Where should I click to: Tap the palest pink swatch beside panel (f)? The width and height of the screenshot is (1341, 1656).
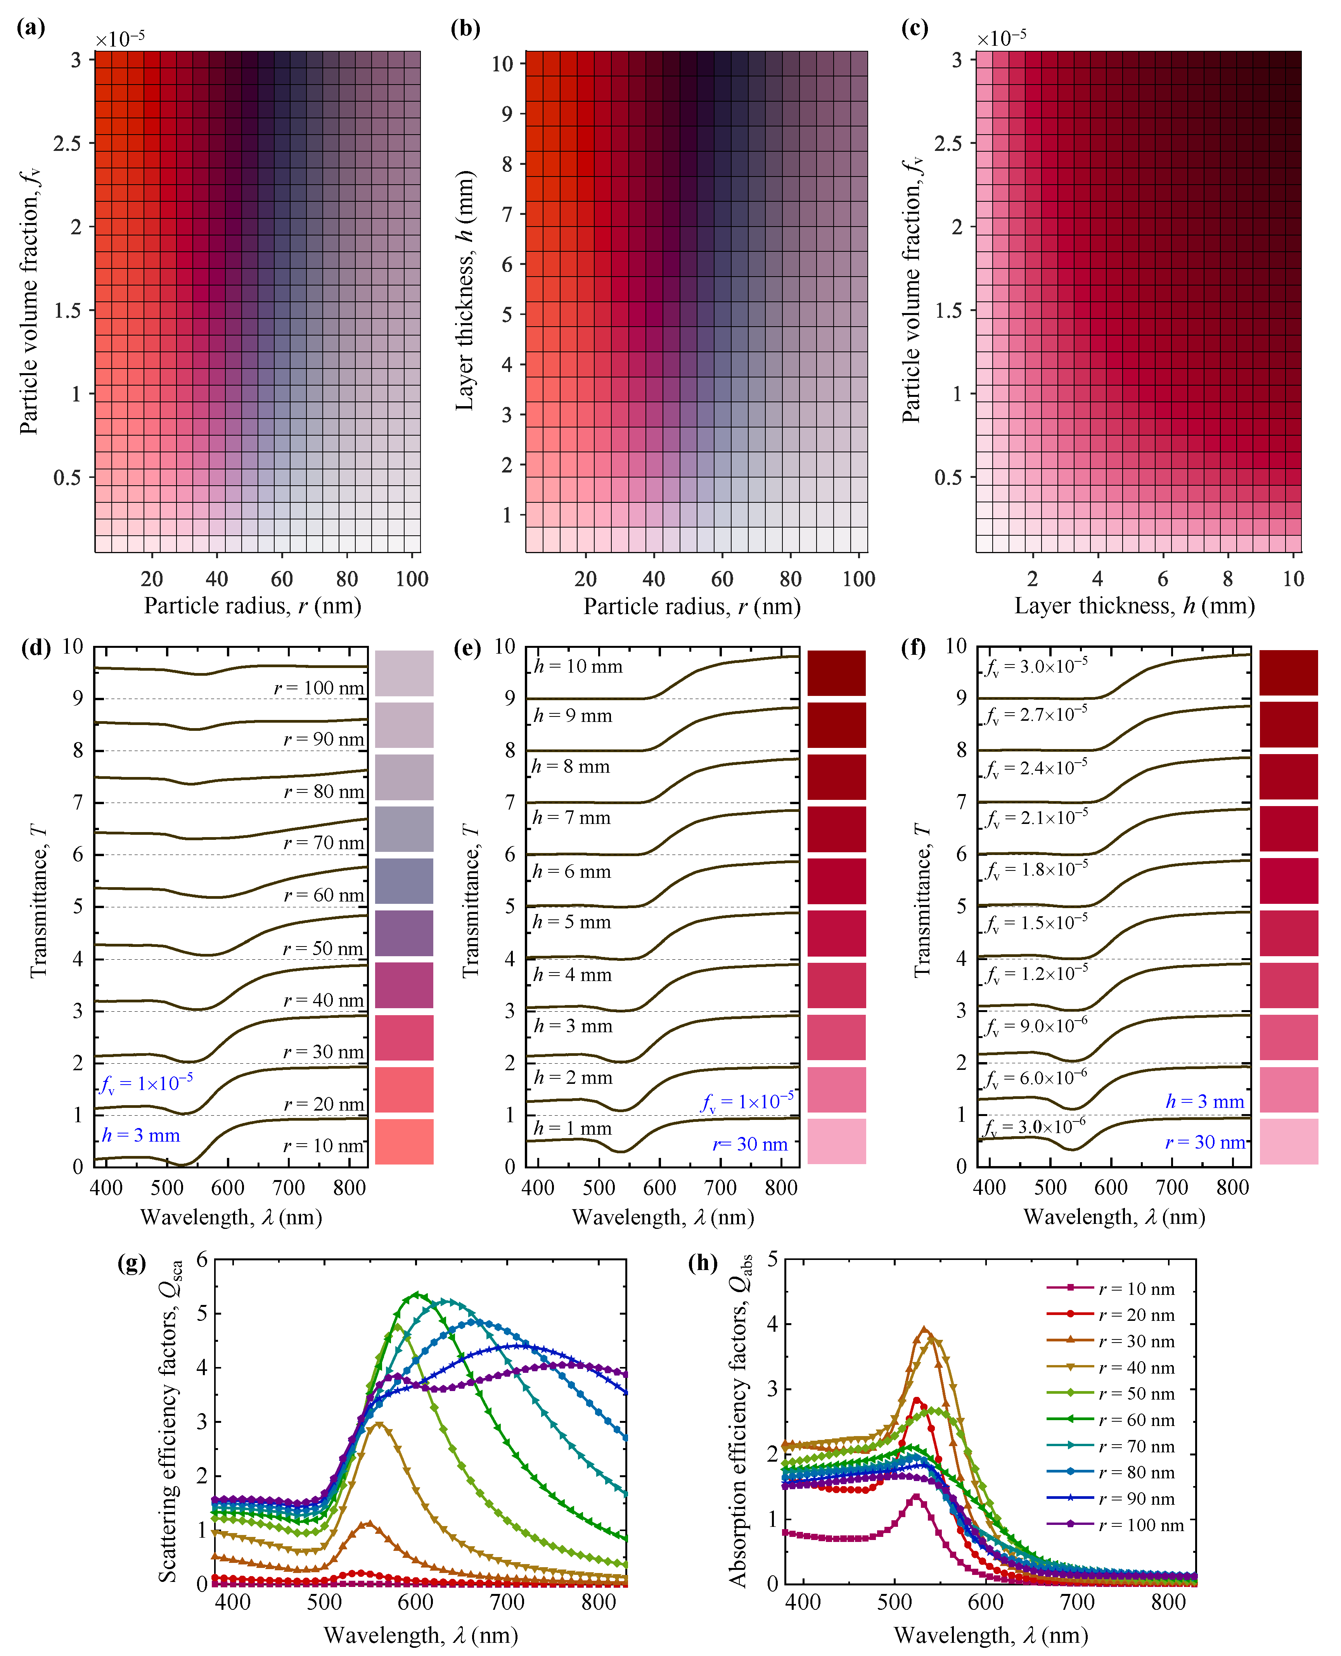[1289, 1141]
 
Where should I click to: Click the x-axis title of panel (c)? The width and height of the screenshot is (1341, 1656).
[1134, 606]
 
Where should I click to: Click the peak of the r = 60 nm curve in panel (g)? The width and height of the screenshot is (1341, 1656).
[416, 1294]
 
